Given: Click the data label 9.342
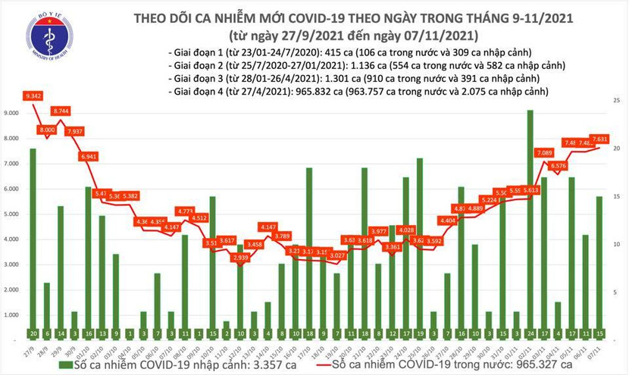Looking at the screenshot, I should tap(33, 96).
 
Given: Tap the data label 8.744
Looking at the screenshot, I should tap(61, 111).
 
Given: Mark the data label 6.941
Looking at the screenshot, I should tap(90, 156).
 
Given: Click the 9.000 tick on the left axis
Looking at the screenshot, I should tap(13, 113).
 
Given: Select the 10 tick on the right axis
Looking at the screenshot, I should tap(618, 245).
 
